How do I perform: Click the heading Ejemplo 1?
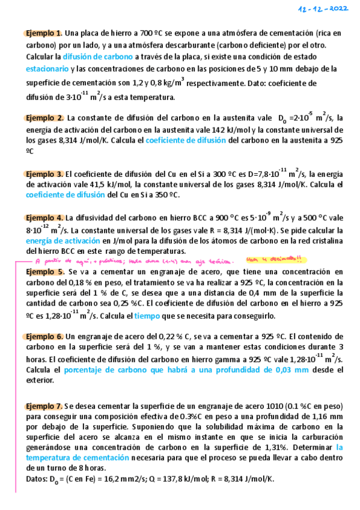[44, 33]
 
